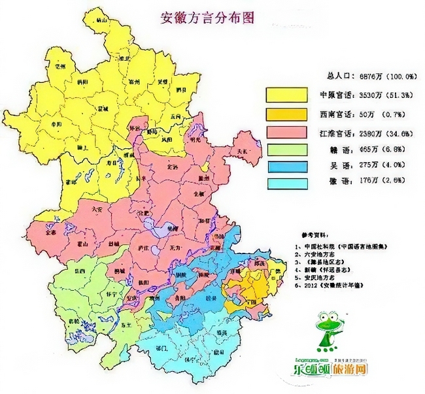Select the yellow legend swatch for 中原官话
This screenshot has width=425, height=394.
[x=286, y=94]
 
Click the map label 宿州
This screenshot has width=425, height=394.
[x=135, y=81]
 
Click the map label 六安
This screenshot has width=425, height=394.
[x=98, y=210]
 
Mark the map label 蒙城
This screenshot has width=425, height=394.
[x=101, y=107]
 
